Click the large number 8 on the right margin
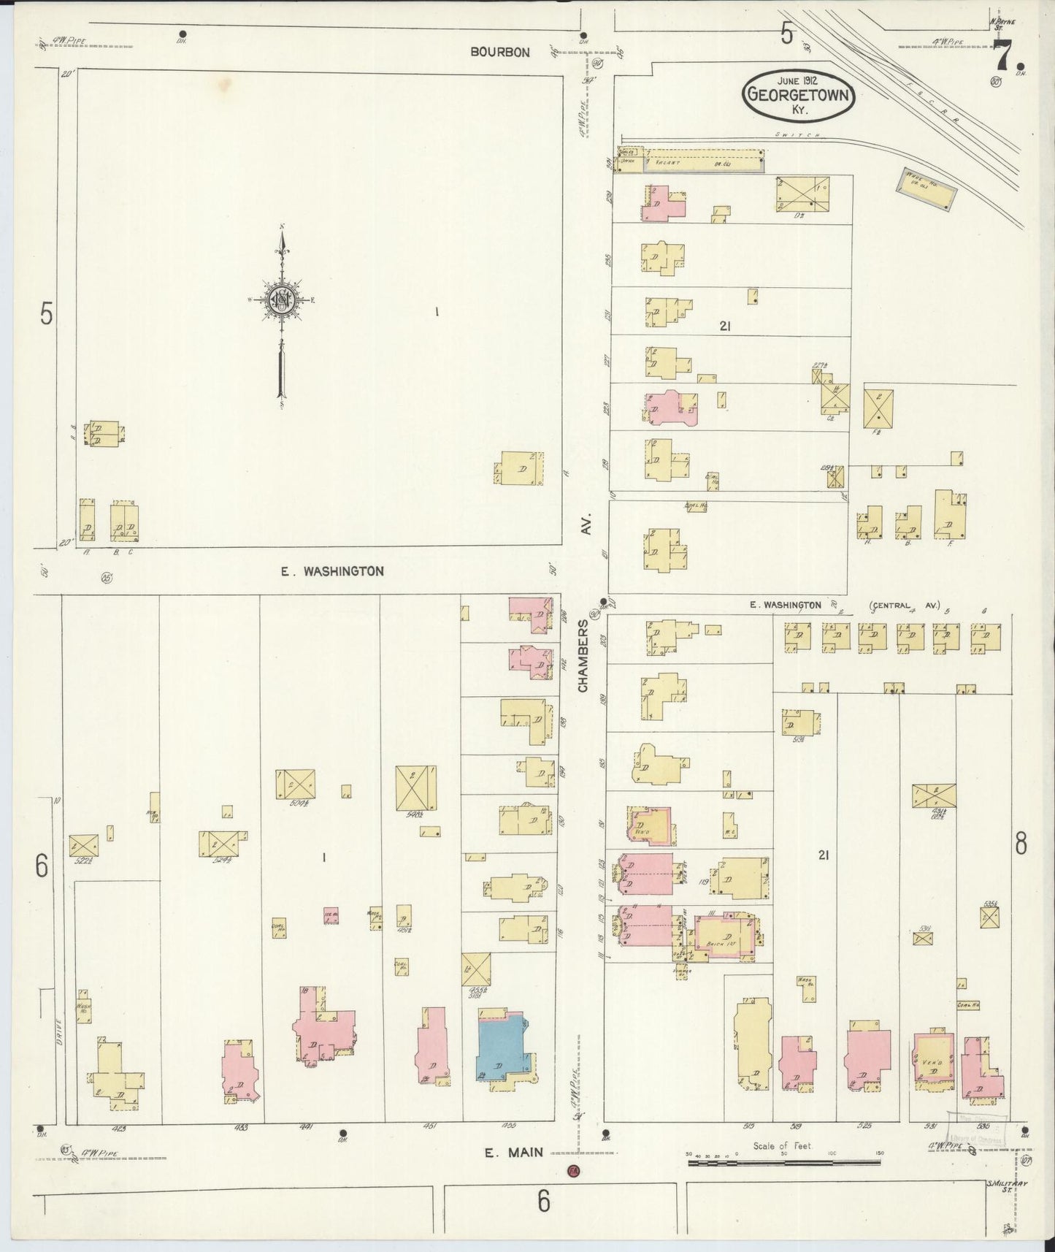click(1021, 844)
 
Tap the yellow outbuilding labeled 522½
click(83, 845)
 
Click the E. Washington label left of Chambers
click(333, 571)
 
